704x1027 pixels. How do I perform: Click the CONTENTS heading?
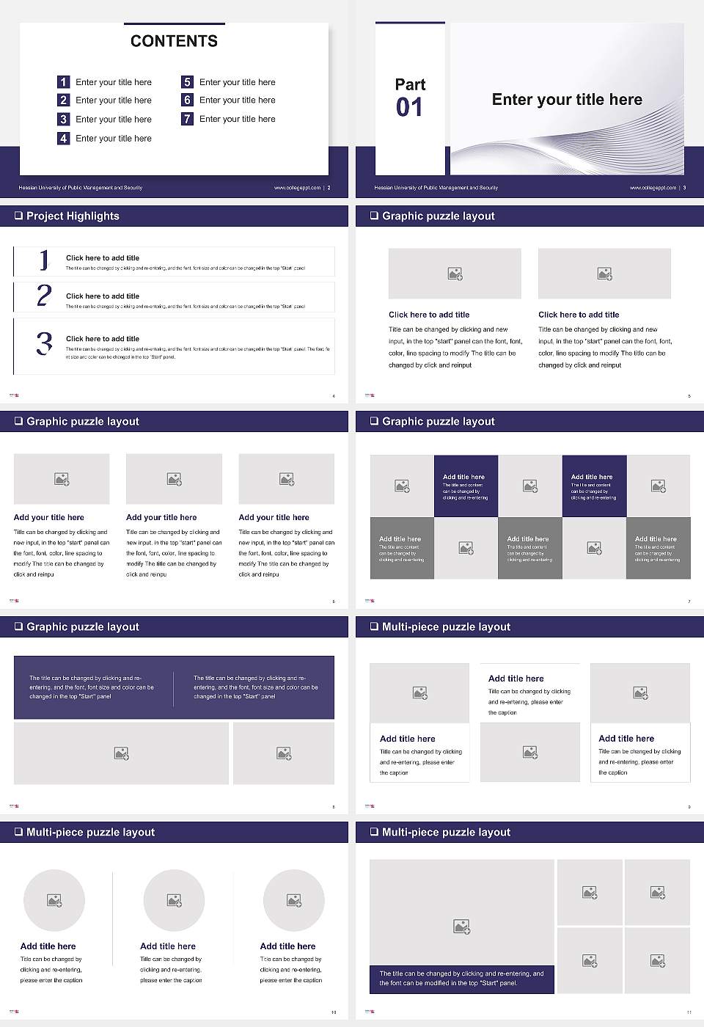(174, 41)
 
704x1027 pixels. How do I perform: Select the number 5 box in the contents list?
(187, 82)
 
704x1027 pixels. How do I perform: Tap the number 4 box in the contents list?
(63, 138)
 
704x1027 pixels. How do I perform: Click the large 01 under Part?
(409, 108)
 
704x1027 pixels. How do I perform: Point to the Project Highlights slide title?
(73, 216)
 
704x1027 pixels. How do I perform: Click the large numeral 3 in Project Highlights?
(44, 343)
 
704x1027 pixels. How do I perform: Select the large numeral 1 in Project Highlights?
(44, 260)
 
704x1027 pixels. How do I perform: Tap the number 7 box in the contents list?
(187, 119)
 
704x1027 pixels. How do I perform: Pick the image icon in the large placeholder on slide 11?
(461, 927)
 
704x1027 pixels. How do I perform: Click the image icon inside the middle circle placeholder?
(174, 900)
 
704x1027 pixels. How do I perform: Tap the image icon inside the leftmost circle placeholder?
(54, 900)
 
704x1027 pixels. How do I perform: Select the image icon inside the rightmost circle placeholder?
(294, 900)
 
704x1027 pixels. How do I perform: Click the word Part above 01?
(410, 84)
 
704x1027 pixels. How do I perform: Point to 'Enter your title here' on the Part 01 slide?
(567, 100)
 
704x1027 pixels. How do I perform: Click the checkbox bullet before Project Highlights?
(18, 216)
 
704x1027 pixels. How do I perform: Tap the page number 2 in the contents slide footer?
(329, 188)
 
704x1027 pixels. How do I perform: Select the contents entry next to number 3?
(114, 119)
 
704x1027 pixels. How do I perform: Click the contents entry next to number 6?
(238, 100)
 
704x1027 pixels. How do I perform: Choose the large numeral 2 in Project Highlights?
(44, 296)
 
